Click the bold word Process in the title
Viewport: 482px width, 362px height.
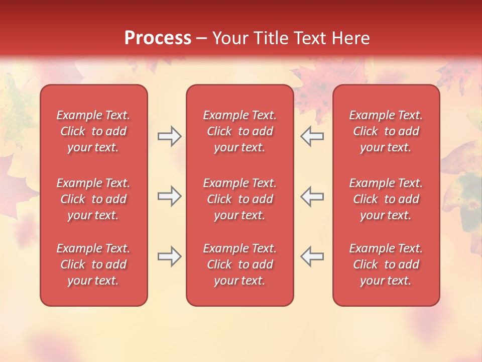[158, 38]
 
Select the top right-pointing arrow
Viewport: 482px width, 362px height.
[169, 136]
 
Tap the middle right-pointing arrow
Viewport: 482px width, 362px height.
[169, 196]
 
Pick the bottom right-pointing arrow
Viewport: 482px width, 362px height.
[169, 256]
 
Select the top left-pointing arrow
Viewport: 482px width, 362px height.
[312, 136]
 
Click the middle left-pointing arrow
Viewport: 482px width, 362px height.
[312, 196]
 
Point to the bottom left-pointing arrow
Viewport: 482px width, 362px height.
[312, 256]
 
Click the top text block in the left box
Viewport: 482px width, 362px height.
[93, 131]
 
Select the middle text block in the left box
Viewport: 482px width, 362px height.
[93, 199]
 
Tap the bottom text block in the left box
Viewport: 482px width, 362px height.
[93, 264]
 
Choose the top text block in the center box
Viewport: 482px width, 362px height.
[239, 131]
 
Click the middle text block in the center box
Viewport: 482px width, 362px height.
[239, 199]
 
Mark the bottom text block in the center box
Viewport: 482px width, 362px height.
[239, 264]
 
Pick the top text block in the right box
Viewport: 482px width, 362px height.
[386, 131]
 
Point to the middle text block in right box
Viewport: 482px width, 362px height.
[386, 199]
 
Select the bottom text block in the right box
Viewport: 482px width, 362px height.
[386, 264]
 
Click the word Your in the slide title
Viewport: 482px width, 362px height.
[230, 38]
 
